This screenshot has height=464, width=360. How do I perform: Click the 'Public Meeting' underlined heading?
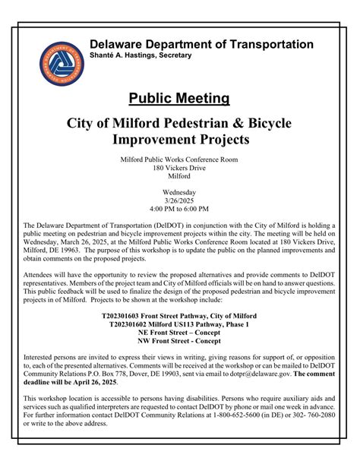tap(179, 99)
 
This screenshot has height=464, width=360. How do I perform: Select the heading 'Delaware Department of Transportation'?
tap(201, 45)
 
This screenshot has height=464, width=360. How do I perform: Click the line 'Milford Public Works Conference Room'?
tap(179, 159)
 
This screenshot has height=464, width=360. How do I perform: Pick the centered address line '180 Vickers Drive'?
tap(179, 168)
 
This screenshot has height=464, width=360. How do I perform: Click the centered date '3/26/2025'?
tap(179, 200)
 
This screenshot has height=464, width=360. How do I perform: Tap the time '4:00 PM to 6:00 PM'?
tap(179, 209)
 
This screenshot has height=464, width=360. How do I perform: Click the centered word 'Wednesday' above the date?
tap(179, 192)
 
